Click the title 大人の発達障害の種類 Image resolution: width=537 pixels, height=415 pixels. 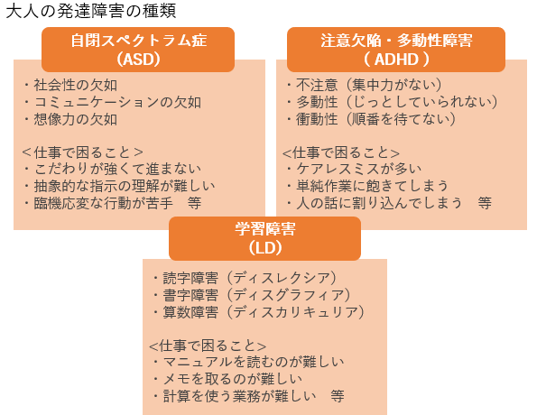coord(91,11)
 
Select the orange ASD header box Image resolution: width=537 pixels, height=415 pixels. coord(138,50)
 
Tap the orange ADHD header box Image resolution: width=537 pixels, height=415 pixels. coord(396,50)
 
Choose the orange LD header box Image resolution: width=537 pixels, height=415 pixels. coord(264,238)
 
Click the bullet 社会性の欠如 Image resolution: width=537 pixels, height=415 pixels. coord(70,85)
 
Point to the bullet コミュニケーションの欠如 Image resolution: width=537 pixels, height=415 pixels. coord(112,102)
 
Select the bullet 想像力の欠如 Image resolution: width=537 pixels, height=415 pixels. coord(70,119)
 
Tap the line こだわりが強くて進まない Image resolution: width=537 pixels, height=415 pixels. coord(112,169)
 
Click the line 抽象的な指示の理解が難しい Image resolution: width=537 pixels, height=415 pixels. coord(119,186)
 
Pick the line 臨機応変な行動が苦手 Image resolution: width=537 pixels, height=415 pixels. coord(98,203)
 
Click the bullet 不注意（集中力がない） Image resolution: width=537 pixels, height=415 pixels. coord(364,85)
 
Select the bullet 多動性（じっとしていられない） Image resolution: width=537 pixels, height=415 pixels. coord(392,102)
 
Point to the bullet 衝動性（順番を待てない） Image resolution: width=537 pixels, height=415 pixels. coord(371,119)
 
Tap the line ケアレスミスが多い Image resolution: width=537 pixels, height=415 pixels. coord(354,169)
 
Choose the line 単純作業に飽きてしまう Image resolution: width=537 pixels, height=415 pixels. coord(367,186)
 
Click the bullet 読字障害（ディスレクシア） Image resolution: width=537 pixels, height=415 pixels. coord(245,278)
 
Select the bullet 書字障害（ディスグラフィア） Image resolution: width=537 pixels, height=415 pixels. coord(252,295)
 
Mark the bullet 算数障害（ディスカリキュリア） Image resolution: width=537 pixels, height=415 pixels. coord(258,312)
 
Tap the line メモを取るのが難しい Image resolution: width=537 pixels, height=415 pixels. coord(227,379)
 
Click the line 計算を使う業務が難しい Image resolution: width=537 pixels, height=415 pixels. coord(235,396)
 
